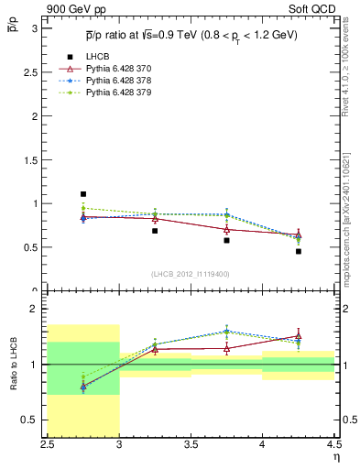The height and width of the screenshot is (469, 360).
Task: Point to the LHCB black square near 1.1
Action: tap(83, 194)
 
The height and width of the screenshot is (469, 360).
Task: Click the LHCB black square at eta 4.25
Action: tap(299, 251)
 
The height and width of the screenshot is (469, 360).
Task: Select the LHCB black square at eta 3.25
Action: tap(155, 231)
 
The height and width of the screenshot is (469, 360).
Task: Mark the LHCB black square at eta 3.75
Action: tap(226, 240)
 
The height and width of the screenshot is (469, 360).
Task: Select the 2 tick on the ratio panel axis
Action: tap(37, 310)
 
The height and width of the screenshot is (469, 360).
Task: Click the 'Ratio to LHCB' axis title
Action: tap(12, 366)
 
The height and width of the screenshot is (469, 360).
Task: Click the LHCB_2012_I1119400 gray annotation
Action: tap(191, 274)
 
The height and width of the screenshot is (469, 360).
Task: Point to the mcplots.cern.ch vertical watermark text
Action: tap(351, 211)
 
